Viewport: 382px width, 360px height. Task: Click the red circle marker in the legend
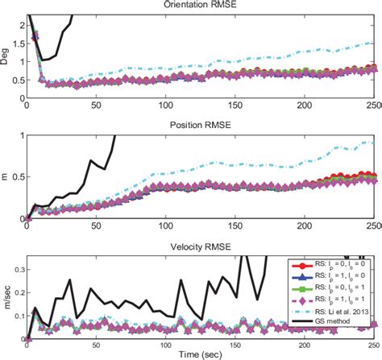point(297,263)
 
